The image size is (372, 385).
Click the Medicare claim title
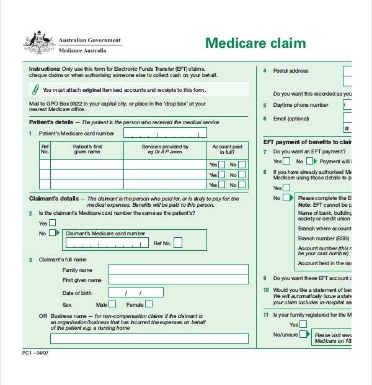[x=255, y=43]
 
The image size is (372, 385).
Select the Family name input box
[x=178, y=269]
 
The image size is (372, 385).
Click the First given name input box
[x=178, y=280]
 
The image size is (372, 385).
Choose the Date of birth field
[x=136, y=292]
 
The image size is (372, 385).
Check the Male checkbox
[x=112, y=304]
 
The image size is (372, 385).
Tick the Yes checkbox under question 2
[x=52, y=223]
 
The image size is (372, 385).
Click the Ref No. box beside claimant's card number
[x=178, y=243]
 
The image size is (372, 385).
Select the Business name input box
[x=149, y=339]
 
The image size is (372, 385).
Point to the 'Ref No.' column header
[x=45, y=150]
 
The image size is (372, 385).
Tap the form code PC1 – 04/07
[x=35, y=353]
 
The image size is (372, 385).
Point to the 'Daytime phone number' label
[x=301, y=105]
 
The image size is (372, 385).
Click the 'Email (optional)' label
[x=291, y=119]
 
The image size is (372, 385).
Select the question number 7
[x=265, y=152]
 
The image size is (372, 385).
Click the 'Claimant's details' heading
[x=54, y=199]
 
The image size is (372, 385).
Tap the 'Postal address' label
[x=290, y=71]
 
